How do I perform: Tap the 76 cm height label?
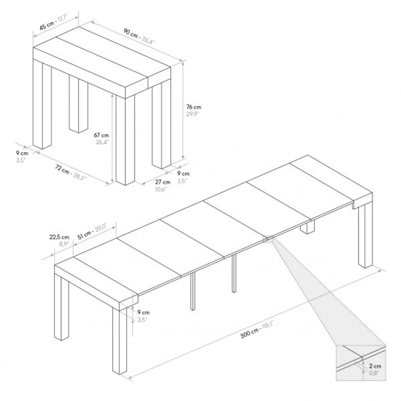tap(193, 107)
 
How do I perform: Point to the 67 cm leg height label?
tap(101, 135)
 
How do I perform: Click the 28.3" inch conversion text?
tap(79, 177)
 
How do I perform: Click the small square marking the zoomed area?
tap(268, 239)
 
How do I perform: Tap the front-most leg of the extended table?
tap(120, 341)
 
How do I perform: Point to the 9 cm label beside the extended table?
tap(143, 312)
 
